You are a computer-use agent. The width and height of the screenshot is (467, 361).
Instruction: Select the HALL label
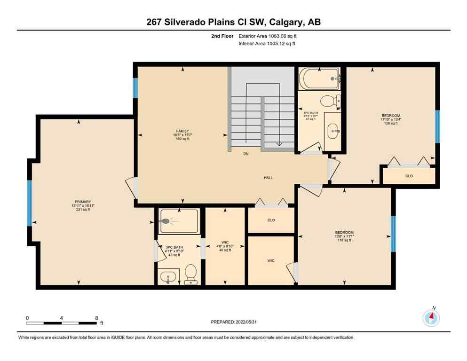pyautogui.click(x=268, y=177)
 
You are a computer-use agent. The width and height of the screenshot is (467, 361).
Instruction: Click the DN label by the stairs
pyautogui.click(x=245, y=154)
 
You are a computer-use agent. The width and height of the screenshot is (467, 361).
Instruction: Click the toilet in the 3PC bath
pyautogui.click(x=190, y=274)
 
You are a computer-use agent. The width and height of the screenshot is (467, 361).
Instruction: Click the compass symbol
pyautogui.click(x=431, y=319)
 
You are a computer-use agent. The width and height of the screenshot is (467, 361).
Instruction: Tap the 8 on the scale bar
pyautogui.click(x=96, y=318)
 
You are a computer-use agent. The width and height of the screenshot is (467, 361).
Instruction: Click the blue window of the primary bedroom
pyautogui.click(x=29, y=203)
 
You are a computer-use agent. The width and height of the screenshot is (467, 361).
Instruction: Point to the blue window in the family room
pyautogui.click(x=135, y=88)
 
